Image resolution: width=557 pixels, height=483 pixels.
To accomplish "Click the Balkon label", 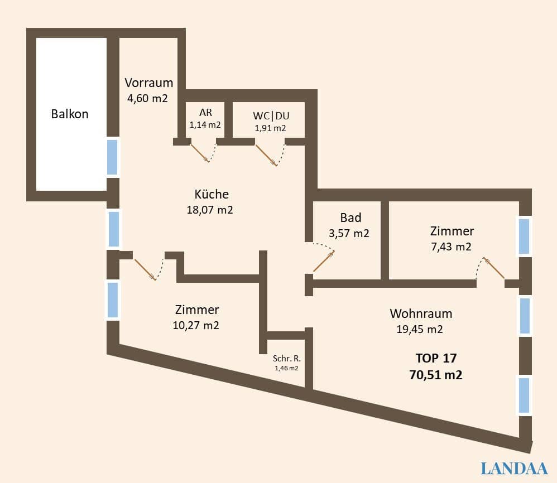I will point(70,114).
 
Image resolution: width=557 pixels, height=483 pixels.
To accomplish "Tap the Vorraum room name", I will point(148,83).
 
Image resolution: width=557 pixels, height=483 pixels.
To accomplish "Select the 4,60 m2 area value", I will point(148,98).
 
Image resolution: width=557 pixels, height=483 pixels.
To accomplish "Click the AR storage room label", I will point(205,112).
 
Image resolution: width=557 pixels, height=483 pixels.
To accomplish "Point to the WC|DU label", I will point(271,115).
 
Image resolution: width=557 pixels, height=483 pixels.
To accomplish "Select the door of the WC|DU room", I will point(266,155).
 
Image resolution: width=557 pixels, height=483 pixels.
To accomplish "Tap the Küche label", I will point(212,194).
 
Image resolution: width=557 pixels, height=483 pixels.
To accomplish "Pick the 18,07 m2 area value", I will point(210,210).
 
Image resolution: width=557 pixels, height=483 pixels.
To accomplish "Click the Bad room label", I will point(350,218).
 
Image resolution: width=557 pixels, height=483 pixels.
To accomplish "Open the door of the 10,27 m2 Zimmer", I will point(145,268).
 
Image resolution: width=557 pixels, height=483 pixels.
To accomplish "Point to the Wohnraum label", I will point(421,313).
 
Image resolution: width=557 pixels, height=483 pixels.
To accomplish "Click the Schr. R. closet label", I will point(287,359).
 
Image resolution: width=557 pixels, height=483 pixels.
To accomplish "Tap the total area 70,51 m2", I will point(436,375).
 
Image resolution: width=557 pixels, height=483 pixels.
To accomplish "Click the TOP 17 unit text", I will point(436,358).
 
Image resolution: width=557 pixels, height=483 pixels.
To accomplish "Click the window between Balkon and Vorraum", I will point(113,157).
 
